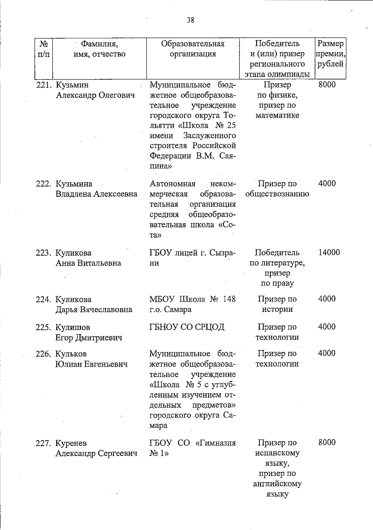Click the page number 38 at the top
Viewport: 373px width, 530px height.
point(191,20)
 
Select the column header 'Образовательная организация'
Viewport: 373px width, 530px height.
point(193,48)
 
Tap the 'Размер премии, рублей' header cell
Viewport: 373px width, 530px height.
point(330,54)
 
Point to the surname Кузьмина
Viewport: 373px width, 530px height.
point(74,184)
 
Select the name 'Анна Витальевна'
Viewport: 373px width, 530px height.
point(88,263)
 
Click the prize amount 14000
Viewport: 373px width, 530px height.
point(329,252)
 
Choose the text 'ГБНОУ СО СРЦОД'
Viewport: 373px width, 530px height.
point(187,327)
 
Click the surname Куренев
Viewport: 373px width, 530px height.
point(71,443)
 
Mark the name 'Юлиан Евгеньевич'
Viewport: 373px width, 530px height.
point(91,364)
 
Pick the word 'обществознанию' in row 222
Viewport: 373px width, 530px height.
point(277,194)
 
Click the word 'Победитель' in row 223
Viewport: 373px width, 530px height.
point(277,252)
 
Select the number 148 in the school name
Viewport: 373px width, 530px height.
point(229,299)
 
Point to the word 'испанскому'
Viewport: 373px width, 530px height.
point(277,453)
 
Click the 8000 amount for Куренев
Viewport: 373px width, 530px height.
point(327,443)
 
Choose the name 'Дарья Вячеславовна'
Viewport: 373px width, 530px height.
point(94,310)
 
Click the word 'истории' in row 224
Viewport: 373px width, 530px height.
point(277,309)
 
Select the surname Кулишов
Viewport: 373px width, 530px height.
point(73,327)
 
